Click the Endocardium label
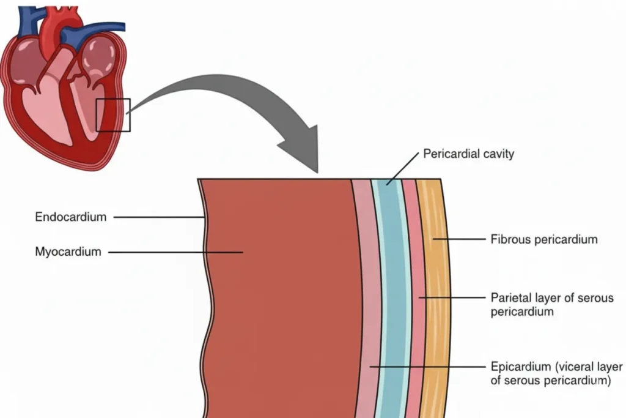coord(70,217)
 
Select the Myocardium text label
coord(68,252)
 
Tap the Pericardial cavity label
coord(468,153)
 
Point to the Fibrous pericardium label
coord(543,239)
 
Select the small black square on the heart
coord(113,114)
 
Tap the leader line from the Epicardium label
coord(428,367)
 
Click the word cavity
coord(498,153)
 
